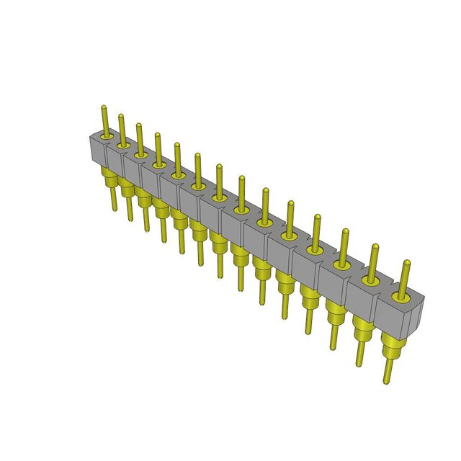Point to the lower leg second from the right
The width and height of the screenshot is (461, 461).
[358, 353]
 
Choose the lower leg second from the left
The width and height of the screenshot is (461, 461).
[130, 209]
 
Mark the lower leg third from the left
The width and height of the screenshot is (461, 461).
[147, 219]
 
